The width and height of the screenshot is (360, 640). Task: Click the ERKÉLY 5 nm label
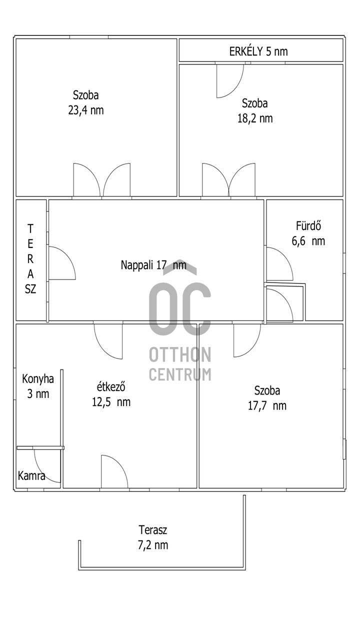click(258, 51)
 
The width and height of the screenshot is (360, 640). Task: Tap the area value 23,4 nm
click(85, 110)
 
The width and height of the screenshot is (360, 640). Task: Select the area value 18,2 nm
click(255, 118)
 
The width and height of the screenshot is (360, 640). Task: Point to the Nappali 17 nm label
click(153, 265)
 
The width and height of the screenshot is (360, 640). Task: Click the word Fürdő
click(308, 225)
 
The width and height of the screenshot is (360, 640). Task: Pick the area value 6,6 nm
click(308, 241)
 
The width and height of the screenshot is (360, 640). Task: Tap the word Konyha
click(38, 379)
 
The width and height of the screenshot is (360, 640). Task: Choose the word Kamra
click(31, 476)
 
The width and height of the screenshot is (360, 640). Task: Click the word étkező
click(111, 387)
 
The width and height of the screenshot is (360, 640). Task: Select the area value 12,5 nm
click(111, 402)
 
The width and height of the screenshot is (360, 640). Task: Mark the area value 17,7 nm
click(267, 405)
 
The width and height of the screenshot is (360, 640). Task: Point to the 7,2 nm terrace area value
click(153, 545)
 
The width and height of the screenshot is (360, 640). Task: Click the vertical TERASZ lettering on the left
click(30, 259)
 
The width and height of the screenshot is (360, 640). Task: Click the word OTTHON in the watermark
click(180, 354)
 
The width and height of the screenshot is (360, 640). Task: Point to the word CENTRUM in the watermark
click(180, 374)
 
